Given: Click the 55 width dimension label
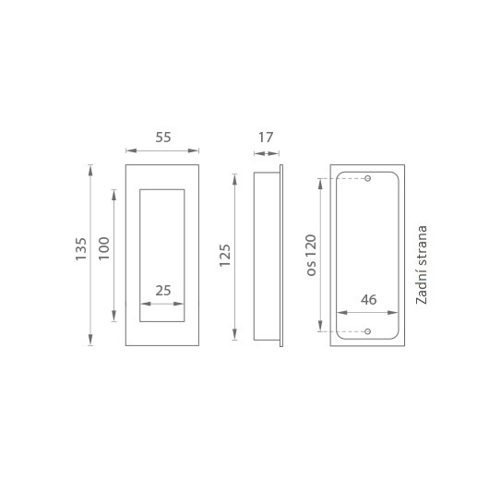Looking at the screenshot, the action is pos(163,138).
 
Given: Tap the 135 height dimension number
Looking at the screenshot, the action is pos(81,249).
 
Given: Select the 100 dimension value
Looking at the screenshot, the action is pos(104,248).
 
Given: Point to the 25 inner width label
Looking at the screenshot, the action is pos(163,291).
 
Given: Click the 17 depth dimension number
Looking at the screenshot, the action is pos(266,138).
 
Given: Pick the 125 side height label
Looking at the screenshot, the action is pos(225,256).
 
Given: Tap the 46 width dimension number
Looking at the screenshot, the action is pos(368,300).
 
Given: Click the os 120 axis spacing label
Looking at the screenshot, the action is pos(311,255).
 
